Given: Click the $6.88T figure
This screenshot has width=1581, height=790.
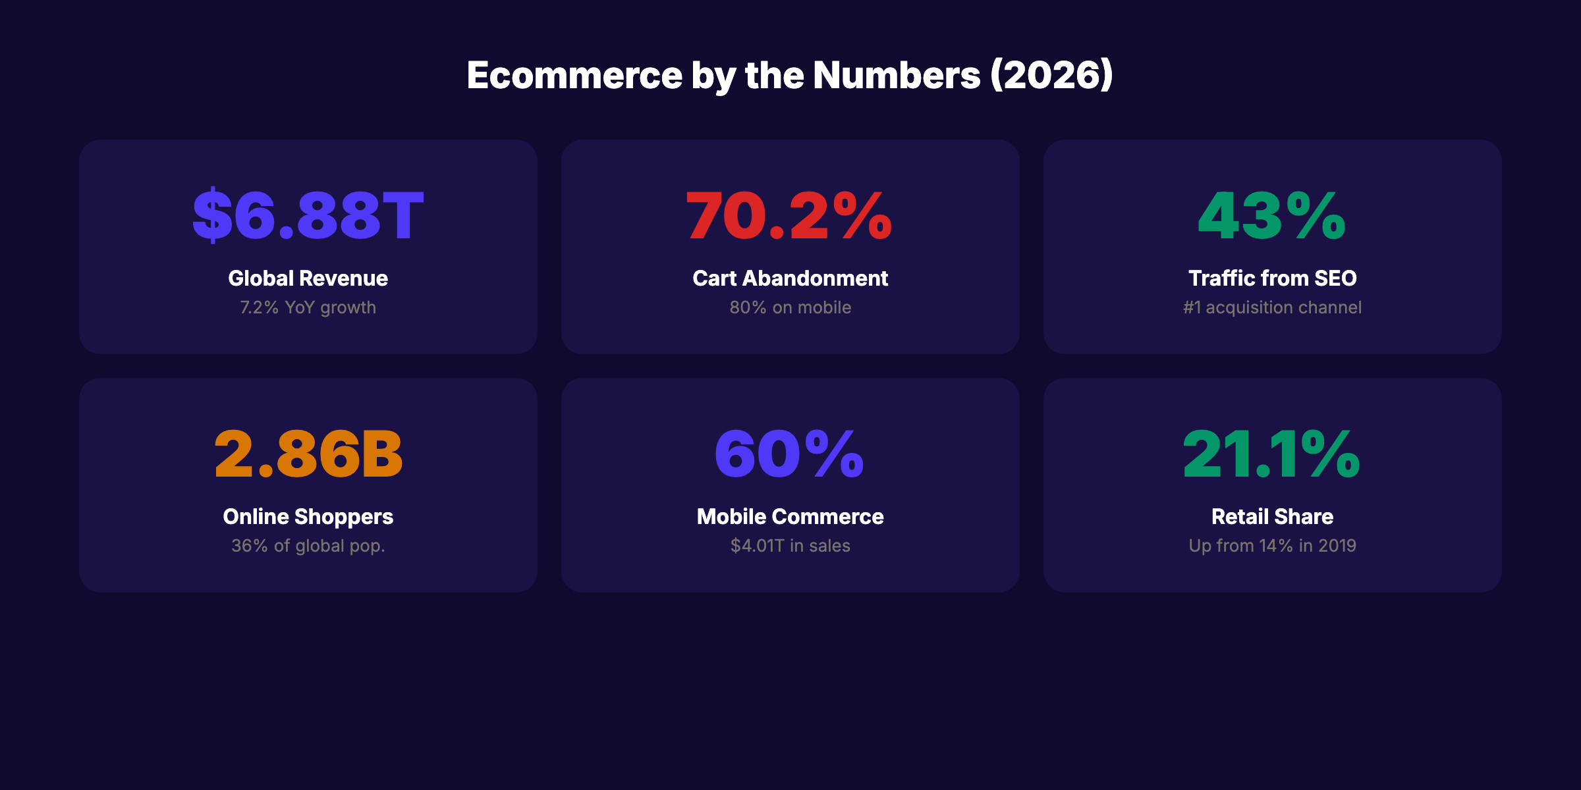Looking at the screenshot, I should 308,215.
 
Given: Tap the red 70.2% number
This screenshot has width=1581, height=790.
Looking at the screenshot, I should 789,215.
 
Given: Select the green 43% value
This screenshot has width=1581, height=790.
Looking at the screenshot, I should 1272,215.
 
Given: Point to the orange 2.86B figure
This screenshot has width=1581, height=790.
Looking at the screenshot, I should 308,454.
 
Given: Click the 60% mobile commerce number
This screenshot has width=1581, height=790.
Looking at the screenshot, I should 789,454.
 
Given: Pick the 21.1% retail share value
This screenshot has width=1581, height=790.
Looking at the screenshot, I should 1271,454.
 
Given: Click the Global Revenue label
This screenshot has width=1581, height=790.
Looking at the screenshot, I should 308,278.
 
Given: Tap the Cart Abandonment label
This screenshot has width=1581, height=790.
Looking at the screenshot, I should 790,278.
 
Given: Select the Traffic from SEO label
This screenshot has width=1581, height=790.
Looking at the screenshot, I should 1272,278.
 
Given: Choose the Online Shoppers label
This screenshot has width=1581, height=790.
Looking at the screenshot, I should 308,517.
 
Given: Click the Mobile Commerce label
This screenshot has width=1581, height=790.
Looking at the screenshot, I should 790,517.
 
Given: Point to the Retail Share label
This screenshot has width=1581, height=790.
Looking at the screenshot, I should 1272,517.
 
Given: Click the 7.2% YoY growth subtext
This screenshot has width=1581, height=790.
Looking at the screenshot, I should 308,307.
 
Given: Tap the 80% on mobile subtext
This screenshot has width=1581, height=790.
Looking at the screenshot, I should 790,307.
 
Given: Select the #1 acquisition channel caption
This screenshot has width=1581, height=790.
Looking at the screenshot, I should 1272,307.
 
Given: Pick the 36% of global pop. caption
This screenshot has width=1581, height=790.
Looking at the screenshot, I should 308,546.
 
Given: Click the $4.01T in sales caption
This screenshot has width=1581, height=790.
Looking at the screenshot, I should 790,546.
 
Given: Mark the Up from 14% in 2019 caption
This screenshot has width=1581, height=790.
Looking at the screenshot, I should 1272,546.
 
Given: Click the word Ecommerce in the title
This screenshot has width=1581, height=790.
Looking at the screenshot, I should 574,75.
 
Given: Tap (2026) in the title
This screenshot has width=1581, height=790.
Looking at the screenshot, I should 1052,75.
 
